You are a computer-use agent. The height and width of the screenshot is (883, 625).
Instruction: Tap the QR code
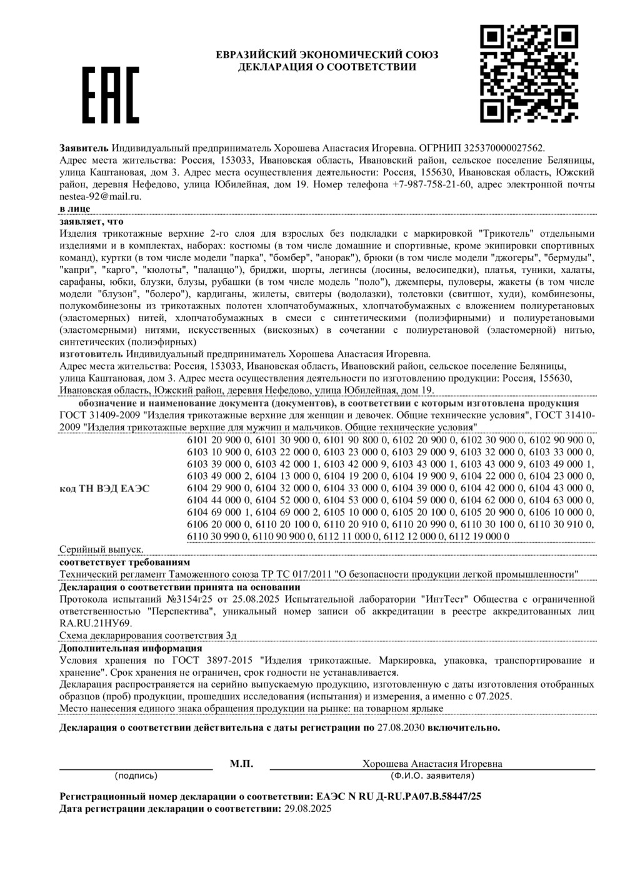pos(529,74)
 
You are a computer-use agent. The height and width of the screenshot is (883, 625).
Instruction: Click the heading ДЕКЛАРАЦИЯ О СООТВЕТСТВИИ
pos(327,67)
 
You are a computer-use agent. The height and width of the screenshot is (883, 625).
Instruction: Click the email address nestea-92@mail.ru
pos(100,196)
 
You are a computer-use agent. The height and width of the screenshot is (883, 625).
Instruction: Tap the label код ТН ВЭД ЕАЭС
pos(104,488)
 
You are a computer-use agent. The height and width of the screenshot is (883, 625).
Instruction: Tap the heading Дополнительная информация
pos(131,648)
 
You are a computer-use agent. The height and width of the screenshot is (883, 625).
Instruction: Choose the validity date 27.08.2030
pos(401,728)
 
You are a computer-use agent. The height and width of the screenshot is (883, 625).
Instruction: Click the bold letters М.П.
pos(241,764)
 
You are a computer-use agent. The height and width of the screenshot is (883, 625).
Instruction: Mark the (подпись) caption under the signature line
pos(136,776)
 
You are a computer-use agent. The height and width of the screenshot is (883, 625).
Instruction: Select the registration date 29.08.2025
pos(308,808)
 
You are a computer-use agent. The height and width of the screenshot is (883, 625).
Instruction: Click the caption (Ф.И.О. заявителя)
pos(432,776)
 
